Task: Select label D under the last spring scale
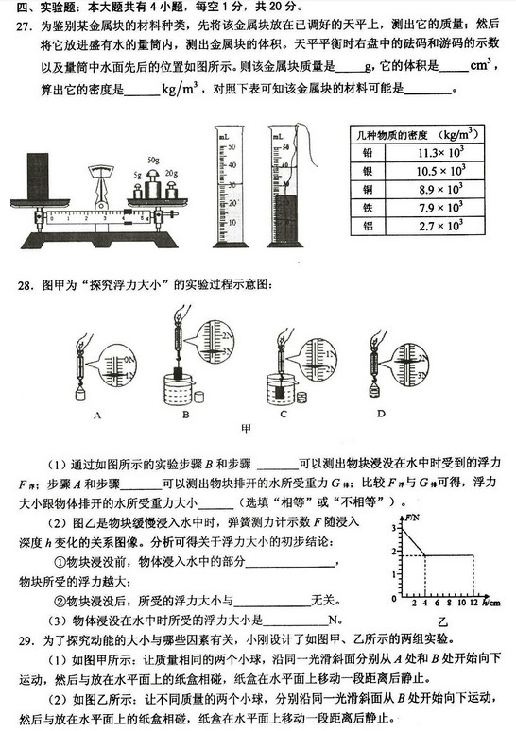[x=381, y=413]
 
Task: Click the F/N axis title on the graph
[x=412, y=518]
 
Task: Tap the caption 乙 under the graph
[x=440, y=620]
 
